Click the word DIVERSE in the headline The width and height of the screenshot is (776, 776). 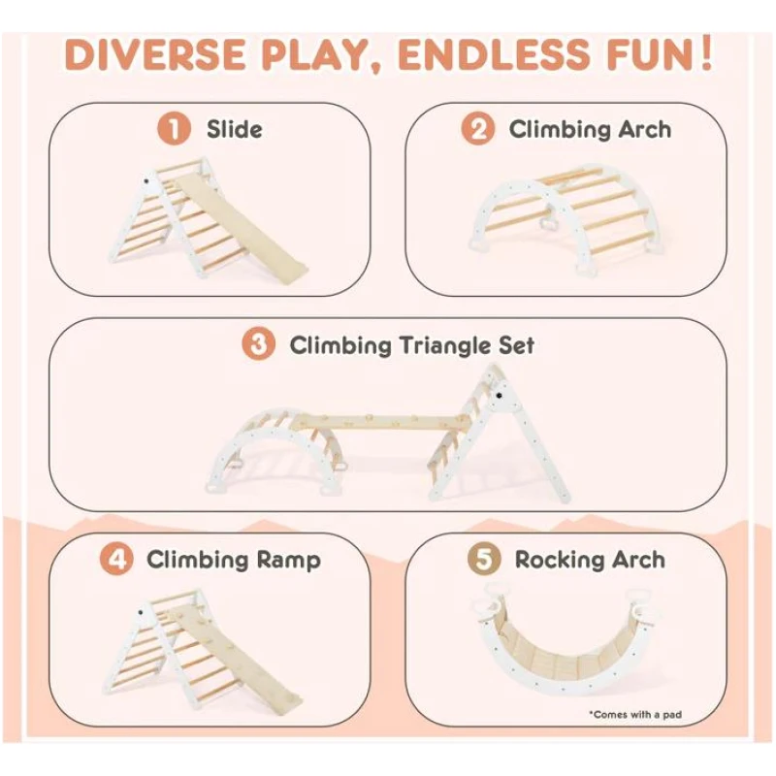click(x=155, y=54)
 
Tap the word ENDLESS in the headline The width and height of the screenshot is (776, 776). click(x=494, y=54)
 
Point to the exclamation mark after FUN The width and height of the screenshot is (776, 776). click(x=706, y=52)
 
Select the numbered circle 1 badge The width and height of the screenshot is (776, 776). click(x=174, y=129)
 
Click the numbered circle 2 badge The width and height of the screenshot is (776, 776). click(x=477, y=129)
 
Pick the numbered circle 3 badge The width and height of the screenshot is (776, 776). click(x=258, y=344)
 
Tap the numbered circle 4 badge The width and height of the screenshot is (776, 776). click(x=116, y=560)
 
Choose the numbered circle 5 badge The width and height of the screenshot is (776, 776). click(x=484, y=560)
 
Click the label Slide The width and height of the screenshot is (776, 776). click(x=235, y=130)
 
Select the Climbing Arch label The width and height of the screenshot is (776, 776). click(x=590, y=130)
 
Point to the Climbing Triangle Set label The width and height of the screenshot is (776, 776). click(x=411, y=345)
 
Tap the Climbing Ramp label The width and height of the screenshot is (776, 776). click(x=234, y=561)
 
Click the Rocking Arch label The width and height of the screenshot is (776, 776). click(x=590, y=561)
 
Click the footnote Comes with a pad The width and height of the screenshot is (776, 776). click(x=635, y=714)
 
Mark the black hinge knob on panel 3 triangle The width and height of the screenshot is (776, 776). click(x=500, y=396)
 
